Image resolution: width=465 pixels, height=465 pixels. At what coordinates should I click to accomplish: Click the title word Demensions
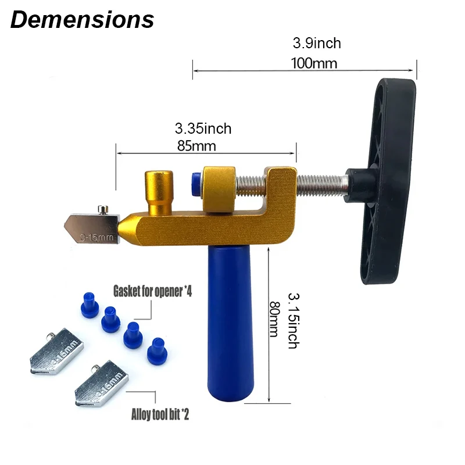82,19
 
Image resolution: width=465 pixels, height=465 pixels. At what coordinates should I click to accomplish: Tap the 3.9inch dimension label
316,43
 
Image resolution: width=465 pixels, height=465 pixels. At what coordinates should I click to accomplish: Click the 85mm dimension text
196,146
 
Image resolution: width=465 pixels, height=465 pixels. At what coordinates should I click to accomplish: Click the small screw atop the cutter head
103,208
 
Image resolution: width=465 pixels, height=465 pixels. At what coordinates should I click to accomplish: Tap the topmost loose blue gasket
87,305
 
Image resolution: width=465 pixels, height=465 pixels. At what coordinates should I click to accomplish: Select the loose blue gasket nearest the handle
155,350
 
